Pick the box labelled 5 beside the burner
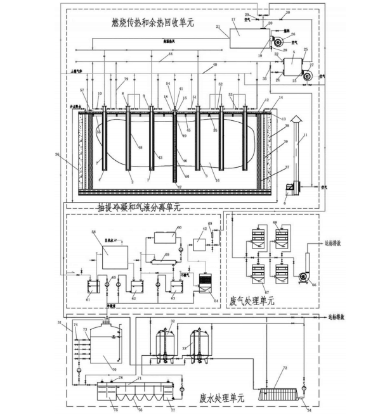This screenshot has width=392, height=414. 292,66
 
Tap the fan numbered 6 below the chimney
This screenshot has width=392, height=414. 293,188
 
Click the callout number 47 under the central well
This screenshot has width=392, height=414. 180,187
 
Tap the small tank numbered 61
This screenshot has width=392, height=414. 93,289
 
